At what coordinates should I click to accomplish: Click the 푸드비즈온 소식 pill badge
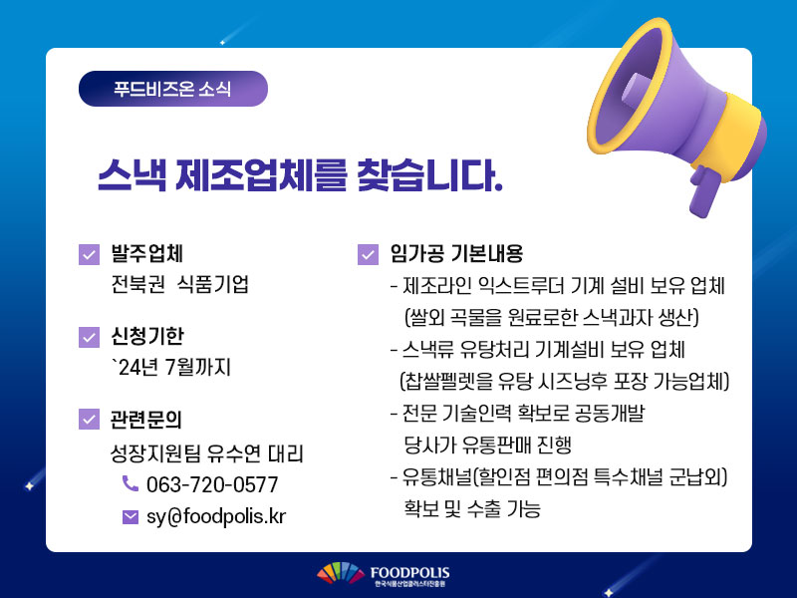coord(172,89)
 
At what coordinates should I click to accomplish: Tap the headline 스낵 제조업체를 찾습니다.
coord(300,175)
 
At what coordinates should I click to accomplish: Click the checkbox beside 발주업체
coord(89,254)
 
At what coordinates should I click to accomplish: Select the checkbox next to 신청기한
coord(89,337)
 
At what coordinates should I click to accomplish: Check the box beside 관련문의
coord(89,419)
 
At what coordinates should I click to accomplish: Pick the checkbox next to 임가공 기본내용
coord(368,254)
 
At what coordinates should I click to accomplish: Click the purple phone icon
coord(131,483)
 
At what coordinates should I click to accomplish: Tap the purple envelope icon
coord(131,517)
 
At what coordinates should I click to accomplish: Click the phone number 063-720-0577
coord(212,484)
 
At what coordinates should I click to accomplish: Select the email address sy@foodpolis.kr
coord(216,516)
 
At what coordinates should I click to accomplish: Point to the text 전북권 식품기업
coord(180,284)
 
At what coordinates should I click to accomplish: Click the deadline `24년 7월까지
coord(171,367)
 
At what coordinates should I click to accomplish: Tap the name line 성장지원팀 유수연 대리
coord(207,453)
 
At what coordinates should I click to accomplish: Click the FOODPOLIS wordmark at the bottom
coord(409,572)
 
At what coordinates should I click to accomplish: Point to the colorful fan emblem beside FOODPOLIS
coord(341,573)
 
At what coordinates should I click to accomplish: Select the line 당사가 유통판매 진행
coord(488,445)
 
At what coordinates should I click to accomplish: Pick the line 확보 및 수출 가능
coord(472,508)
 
